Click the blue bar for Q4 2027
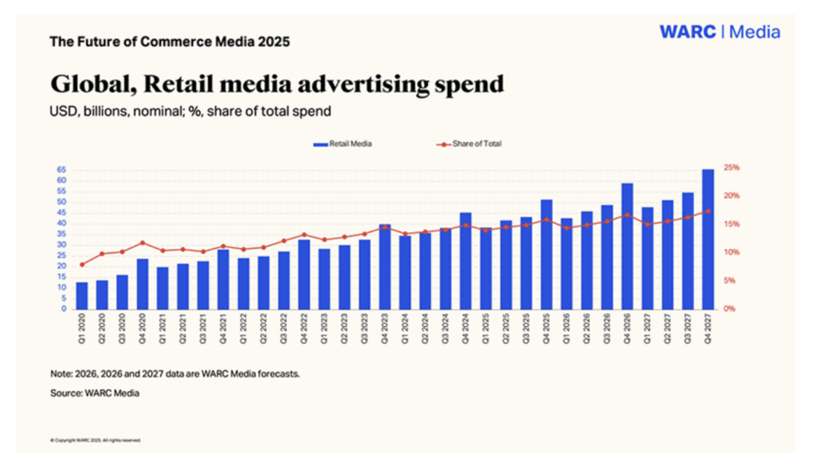708,239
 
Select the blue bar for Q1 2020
81,295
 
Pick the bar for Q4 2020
142,283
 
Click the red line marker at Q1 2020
81,265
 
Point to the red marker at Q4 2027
708,211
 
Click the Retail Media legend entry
342,144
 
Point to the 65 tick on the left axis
61,170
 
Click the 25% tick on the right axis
732,167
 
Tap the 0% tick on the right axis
729,309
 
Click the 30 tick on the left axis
61,245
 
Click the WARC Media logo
719,33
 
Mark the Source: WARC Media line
94,393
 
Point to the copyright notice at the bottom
95,439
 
